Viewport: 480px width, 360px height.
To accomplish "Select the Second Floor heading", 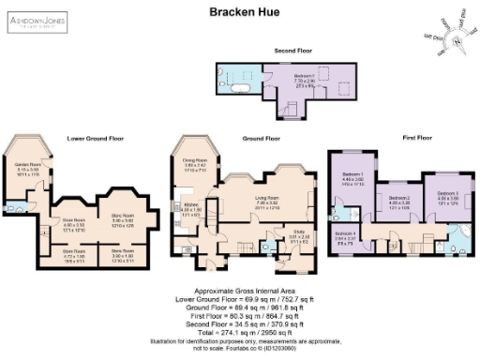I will click(x=292, y=50).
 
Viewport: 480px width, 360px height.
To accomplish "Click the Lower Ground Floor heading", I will click(x=96, y=138).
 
